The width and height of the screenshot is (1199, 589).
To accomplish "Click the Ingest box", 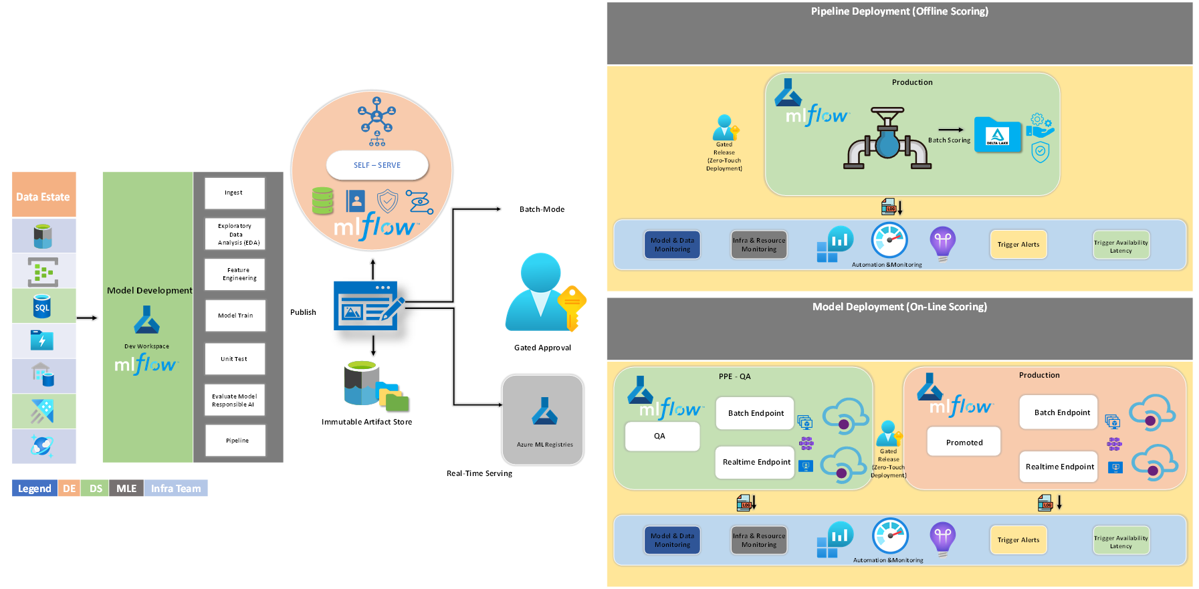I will tap(235, 193).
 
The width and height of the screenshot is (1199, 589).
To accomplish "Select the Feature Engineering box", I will tap(235, 274).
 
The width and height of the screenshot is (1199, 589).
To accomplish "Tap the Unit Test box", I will tap(235, 359).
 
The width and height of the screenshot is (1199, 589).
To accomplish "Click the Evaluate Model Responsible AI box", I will tap(235, 400).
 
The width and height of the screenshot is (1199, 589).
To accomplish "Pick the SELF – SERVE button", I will tap(377, 165).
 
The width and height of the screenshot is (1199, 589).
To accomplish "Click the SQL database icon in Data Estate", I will tap(42, 306).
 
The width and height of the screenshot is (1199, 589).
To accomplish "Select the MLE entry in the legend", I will tap(126, 489).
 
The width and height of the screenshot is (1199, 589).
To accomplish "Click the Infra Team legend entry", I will tap(175, 489).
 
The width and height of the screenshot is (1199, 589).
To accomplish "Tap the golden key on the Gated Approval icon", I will tap(572, 304).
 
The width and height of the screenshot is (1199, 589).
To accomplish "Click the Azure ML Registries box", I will tap(544, 420).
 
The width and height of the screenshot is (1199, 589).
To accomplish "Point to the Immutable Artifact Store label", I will tap(366, 422).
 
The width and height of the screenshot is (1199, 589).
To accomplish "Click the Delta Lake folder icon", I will tap(997, 136).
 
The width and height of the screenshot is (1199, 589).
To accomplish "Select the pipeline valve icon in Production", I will tap(887, 139).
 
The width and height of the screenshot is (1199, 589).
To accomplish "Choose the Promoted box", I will tap(964, 442).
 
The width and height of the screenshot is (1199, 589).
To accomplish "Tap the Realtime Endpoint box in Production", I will tap(1059, 467).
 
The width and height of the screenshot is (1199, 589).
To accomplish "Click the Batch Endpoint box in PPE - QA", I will tap(755, 413).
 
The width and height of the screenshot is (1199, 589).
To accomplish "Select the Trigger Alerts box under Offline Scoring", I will tap(1018, 245).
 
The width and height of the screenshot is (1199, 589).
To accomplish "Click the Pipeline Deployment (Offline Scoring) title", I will tap(899, 11).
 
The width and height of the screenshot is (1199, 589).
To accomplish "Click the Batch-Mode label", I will tap(542, 209).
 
